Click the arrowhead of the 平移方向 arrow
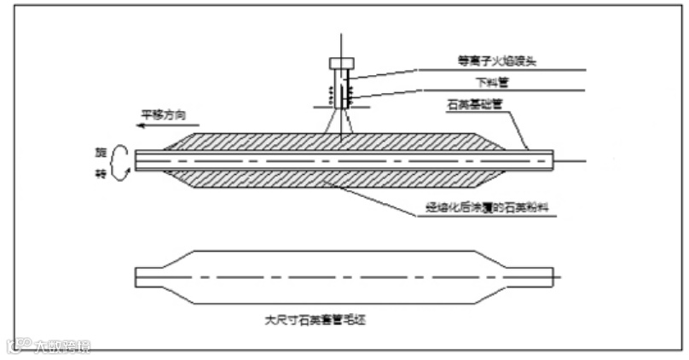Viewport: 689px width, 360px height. click(x=142, y=124)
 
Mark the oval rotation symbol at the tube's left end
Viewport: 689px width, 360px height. click(x=120, y=160)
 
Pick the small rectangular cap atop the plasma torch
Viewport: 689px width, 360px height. click(x=340, y=63)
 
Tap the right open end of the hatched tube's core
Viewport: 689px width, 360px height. click(x=553, y=160)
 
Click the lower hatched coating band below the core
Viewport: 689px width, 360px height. click(x=341, y=178)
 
